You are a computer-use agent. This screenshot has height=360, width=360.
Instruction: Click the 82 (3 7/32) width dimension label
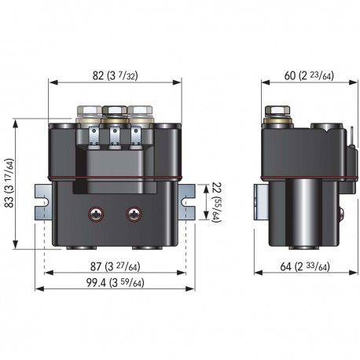[x=116, y=76]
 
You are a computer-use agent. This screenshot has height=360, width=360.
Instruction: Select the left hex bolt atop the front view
[x=87, y=112]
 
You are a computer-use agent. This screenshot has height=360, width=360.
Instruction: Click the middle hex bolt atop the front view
[x=114, y=112]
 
